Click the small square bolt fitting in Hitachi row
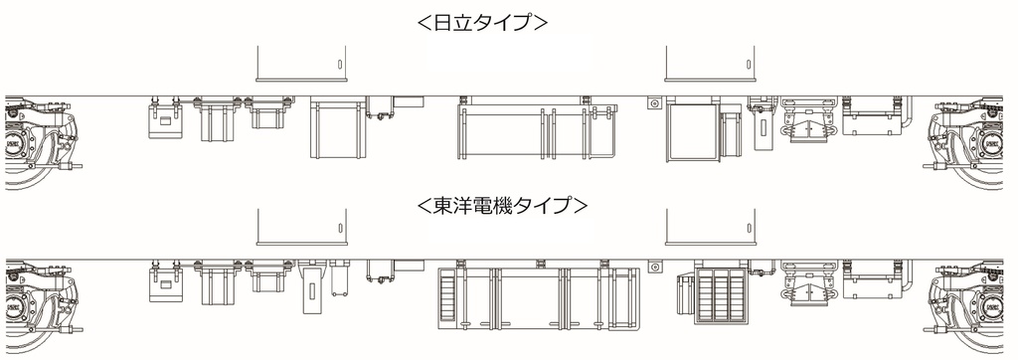pos(653,103)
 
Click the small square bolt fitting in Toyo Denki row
pos(653,266)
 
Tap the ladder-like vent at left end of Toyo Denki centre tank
pos(443,297)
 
